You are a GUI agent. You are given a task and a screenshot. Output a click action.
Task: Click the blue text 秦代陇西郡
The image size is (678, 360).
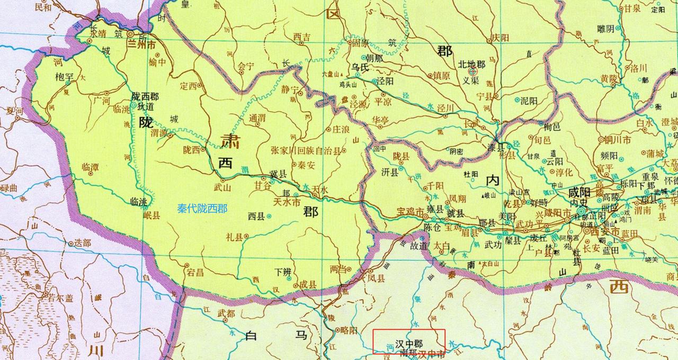[202, 209]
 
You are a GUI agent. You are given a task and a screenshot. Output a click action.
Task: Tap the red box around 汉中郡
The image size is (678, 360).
[409, 341]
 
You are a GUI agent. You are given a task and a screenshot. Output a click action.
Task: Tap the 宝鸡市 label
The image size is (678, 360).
[410, 212]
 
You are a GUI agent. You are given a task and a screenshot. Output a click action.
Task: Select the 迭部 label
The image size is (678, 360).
[82, 243]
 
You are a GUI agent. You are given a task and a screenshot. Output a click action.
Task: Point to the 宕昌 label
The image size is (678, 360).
[195, 273]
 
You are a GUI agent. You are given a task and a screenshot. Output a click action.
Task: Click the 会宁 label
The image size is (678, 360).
[247, 66]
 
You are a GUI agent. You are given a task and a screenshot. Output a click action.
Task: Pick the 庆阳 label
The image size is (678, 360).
[499, 38]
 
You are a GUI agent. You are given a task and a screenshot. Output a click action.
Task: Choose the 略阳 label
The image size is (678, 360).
[349, 330]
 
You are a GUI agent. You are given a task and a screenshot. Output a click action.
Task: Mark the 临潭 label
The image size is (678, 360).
[90, 167]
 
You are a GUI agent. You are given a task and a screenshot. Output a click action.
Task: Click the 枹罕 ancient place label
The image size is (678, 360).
[63, 77]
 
